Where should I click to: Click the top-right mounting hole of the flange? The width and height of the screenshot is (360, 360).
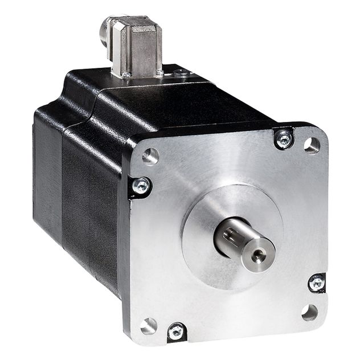pyautogui.click(x=312, y=146)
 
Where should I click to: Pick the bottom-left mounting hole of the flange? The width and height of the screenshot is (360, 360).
pyautogui.click(x=148, y=326)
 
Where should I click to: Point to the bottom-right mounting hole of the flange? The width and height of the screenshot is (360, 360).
pyautogui.click(x=309, y=312)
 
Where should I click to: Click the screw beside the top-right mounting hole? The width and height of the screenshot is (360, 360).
pyautogui.click(x=283, y=138)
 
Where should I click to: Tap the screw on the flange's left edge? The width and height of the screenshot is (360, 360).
pyautogui.click(x=140, y=185)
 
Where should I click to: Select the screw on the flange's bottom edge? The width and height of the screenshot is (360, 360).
pyautogui.click(x=176, y=330)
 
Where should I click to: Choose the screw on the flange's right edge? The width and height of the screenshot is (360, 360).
pyautogui.click(x=316, y=282)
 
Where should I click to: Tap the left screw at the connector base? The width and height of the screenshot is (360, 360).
pyautogui.click(x=126, y=74)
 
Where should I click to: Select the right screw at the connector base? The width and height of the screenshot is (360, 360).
pyautogui.click(x=159, y=72)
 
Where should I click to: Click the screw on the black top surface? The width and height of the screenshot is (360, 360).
pyautogui.click(x=181, y=72)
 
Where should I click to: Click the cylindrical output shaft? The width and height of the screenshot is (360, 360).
pyautogui.click(x=242, y=245)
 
